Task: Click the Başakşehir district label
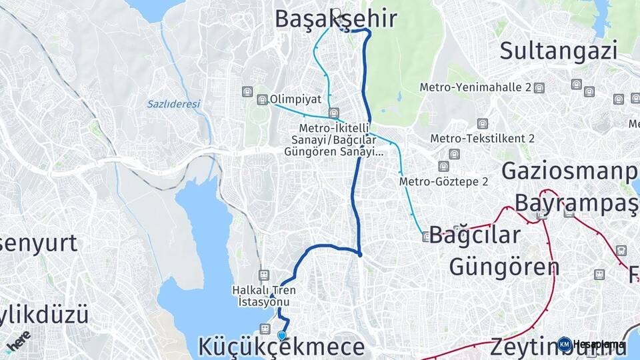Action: [x=337, y=19]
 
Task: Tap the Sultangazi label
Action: [x=559, y=50]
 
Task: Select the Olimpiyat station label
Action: [x=295, y=99]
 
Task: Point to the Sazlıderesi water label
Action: [x=173, y=104]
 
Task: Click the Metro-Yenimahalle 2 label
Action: [x=475, y=87]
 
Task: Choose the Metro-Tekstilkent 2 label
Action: [x=483, y=139]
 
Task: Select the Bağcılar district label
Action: [x=474, y=235]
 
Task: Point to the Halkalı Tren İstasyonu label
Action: [x=264, y=295]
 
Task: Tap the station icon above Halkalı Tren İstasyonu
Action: [x=264, y=275]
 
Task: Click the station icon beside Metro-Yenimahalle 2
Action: [x=539, y=87]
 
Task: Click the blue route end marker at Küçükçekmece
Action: [x=282, y=336]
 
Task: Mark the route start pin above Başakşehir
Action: [x=336, y=13]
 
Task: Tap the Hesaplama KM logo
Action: [x=592, y=344]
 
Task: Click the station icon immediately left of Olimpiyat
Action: [x=262, y=99]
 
